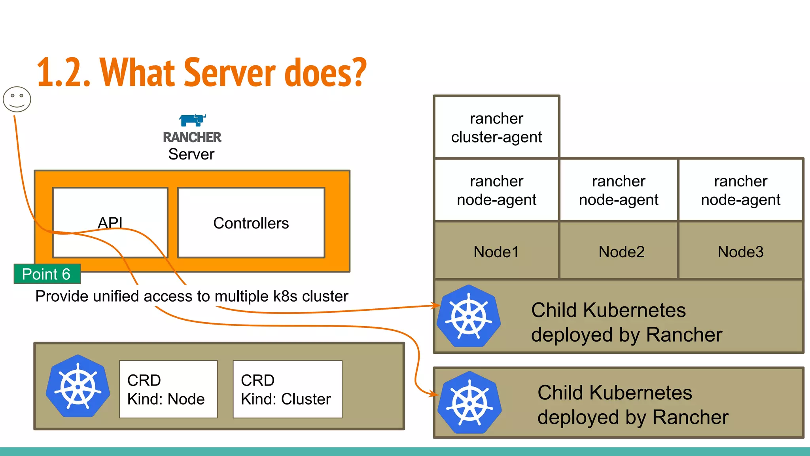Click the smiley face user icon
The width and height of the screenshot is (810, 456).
[17, 99]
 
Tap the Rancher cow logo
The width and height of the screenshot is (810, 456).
[192, 120]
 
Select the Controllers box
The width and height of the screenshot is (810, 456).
[251, 223]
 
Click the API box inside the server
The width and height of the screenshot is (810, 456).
[110, 223]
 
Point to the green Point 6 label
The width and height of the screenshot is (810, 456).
[47, 274]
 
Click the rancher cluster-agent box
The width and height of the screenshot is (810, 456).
[496, 127]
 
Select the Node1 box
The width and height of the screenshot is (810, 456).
[496, 251]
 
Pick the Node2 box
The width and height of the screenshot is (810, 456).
[621, 251]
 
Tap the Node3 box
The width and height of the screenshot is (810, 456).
[740, 251]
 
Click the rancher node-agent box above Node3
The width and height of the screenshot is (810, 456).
[740, 190]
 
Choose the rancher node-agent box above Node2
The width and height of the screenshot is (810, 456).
[619, 190]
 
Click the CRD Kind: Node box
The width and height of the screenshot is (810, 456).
[168, 389]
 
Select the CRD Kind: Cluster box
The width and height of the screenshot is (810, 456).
[288, 389]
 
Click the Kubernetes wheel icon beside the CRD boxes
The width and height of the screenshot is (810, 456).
[78, 386]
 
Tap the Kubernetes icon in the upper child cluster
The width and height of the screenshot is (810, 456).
[469, 316]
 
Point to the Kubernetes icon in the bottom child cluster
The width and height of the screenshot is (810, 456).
[469, 403]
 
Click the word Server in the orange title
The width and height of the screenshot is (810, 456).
[229, 73]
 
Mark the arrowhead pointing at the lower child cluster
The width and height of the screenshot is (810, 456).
[435, 394]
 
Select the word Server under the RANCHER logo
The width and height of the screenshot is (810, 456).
[191, 154]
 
